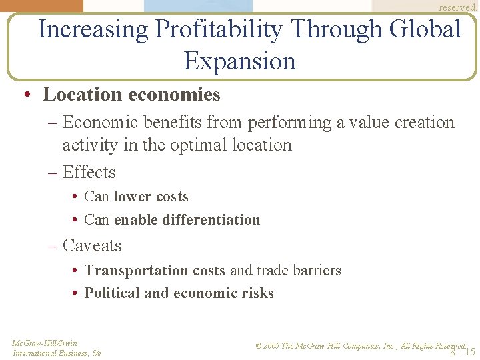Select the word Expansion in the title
click(x=239, y=62)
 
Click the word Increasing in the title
click(x=93, y=30)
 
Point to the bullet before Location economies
click(x=25, y=95)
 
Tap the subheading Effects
click(x=89, y=173)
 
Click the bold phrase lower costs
click(x=151, y=197)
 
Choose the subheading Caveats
click(x=92, y=246)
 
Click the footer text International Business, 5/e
click(x=57, y=353)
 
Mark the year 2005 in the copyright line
click(x=271, y=346)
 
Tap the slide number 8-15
click(x=462, y=352)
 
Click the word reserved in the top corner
click(x=457, y=7)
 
